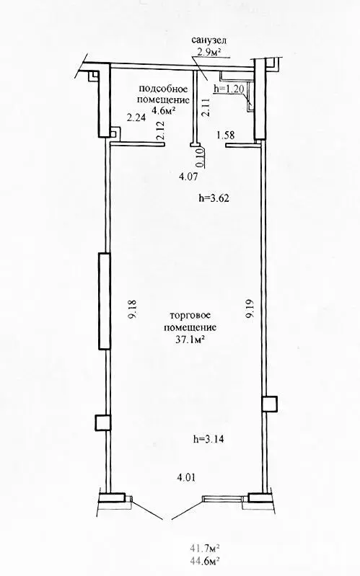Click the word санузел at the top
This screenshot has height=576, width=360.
point(209,40)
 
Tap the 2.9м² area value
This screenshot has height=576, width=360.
point(209,52)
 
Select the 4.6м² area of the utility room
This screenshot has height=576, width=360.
point(163,110)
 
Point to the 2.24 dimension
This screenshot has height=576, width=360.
point(136,118)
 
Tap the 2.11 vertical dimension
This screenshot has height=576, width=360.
point(206,107)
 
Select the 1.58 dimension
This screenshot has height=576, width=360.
point(226,136)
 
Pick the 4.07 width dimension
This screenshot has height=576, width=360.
point(188,177)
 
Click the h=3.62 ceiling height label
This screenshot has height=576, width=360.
point(214,198)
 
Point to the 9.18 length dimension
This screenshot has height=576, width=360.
point(133,309)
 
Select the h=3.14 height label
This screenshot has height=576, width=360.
point(209,438)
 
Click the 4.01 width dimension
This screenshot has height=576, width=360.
point(186,477)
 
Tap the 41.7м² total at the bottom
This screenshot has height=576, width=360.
point(205,549)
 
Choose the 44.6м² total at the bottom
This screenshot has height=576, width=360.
point(205,561)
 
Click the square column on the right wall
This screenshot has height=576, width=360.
point(270,404)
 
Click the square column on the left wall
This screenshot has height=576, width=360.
point(102,422)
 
